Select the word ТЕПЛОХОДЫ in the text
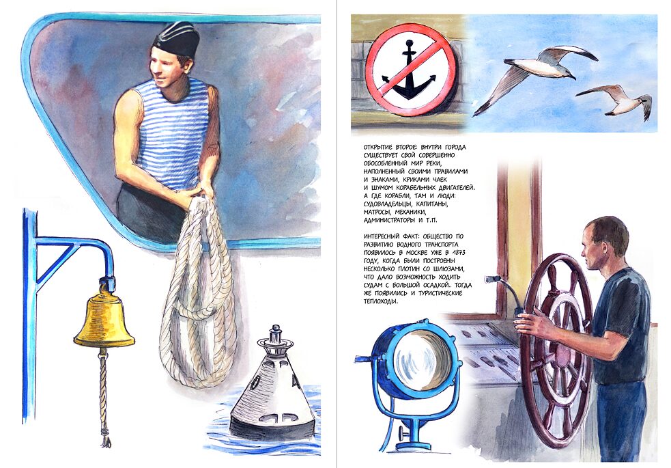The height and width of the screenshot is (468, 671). coord(380,301)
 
